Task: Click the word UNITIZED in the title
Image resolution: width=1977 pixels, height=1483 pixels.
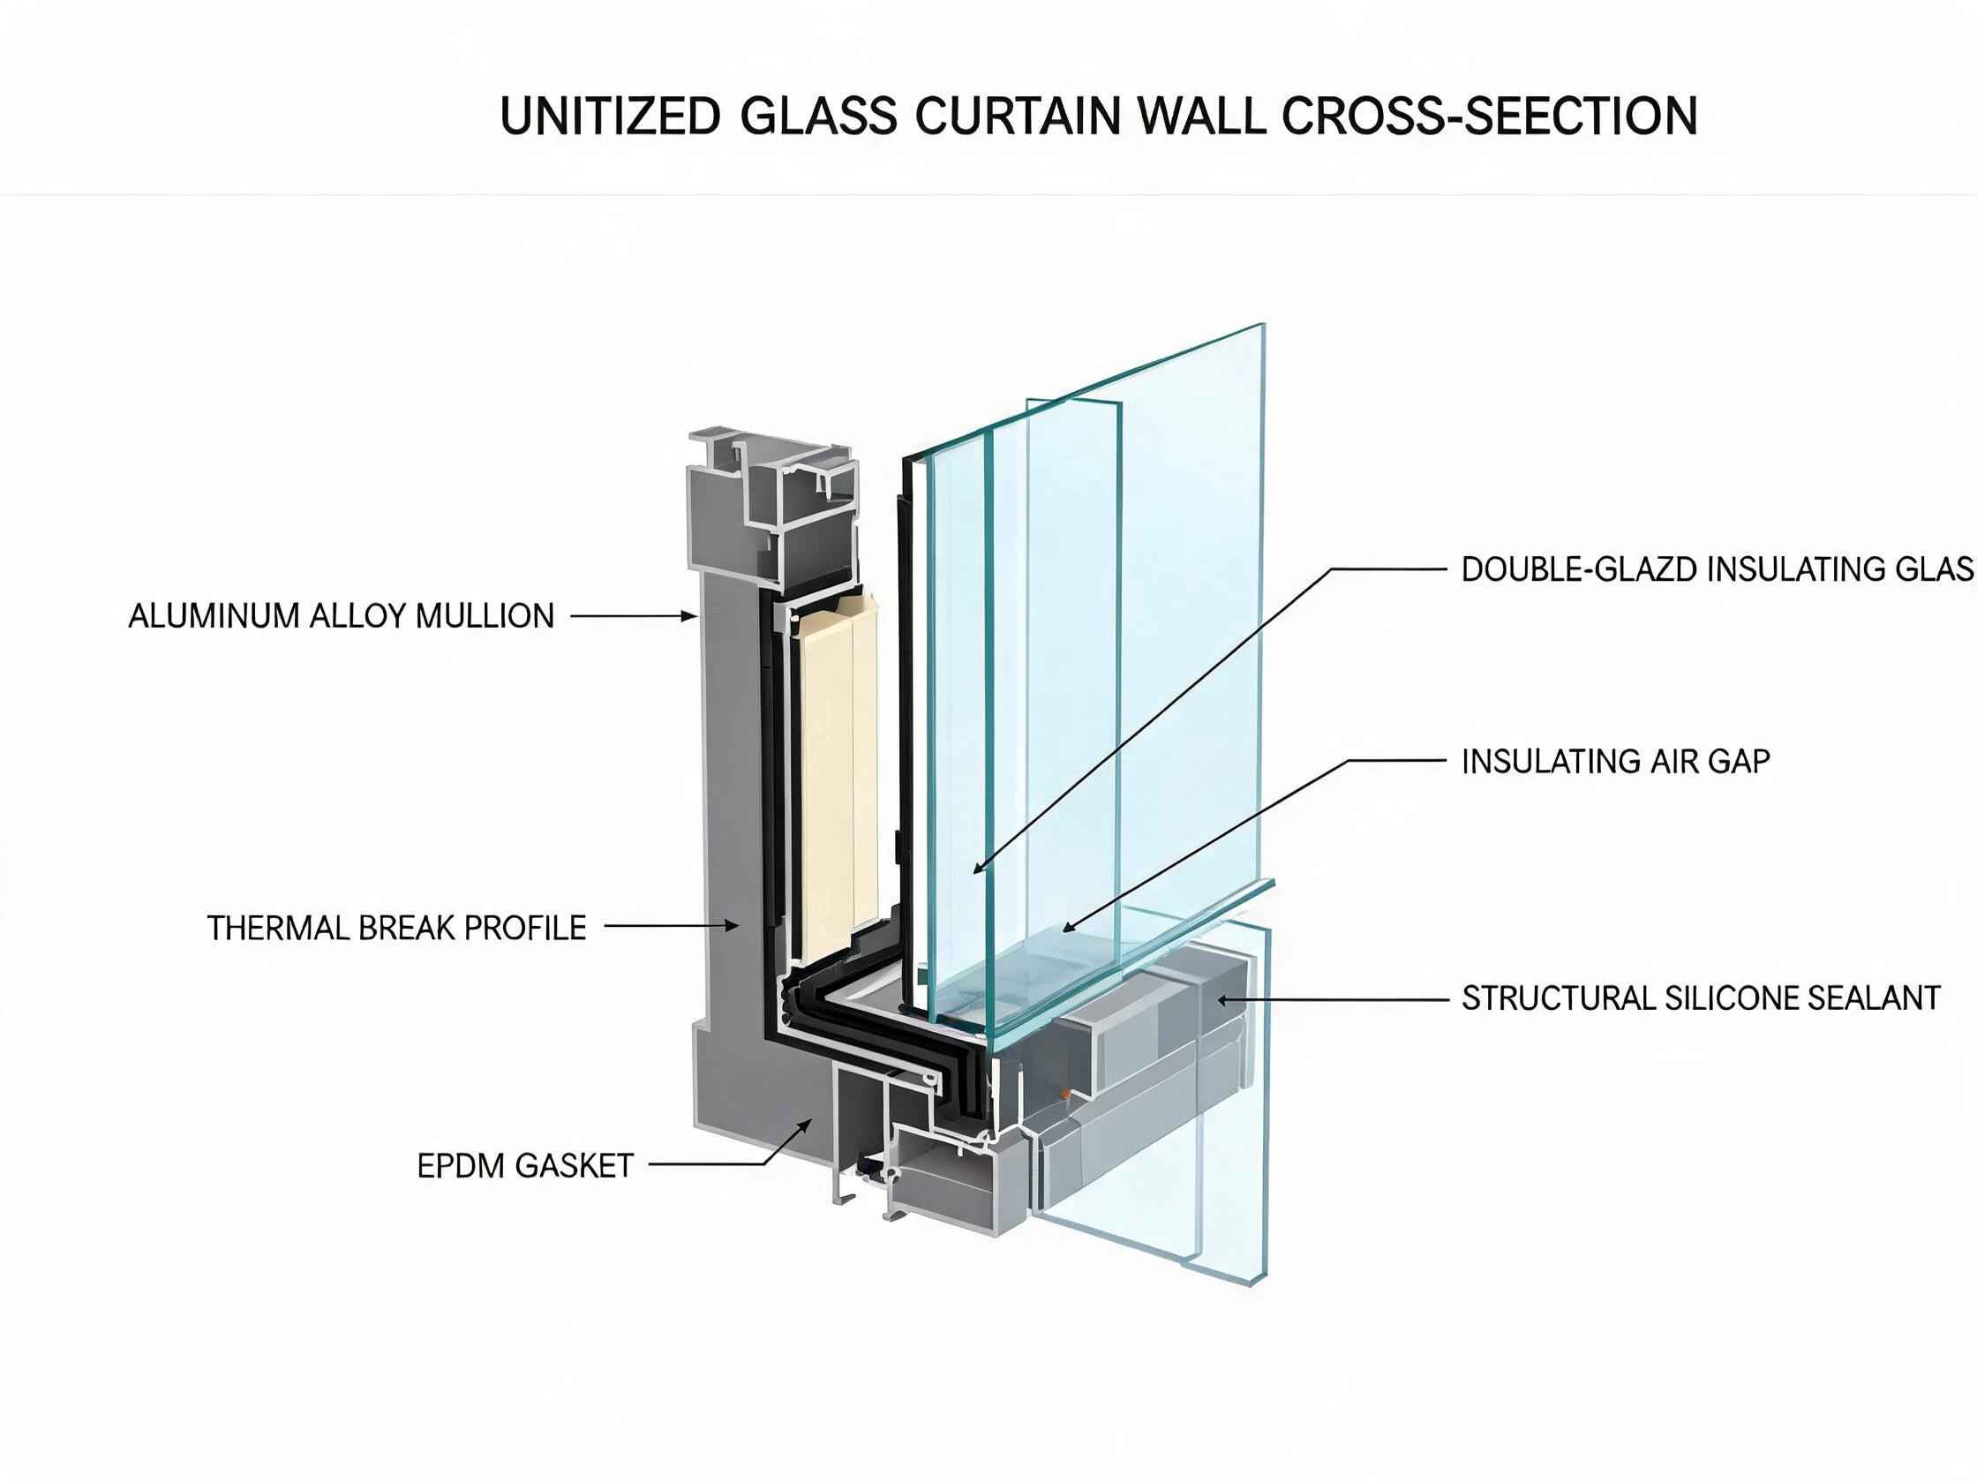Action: pyautogui.click(x=611, y=117)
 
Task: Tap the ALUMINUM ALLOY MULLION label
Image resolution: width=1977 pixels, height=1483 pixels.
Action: pyautogui.click(x=342, y=616)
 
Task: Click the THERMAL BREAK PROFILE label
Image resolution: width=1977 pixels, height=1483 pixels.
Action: pyautogui.click(x=397, y=928)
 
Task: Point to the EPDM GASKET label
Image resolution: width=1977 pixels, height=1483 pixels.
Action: pyautogui.click(x=525, y=1166)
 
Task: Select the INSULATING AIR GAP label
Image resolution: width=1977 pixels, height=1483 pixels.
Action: pyautogui.click(x=1616, y=762)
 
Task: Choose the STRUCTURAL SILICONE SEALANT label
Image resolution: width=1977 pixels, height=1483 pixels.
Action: pyautogui.click(x=1702, y=997)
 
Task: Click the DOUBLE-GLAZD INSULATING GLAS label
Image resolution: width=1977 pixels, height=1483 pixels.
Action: pyautogui.click(x=1718, y=569)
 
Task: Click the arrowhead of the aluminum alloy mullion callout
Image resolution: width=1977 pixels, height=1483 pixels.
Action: pyautogui.click(x=690, y=616)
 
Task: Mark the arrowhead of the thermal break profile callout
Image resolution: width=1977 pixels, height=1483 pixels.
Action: pyautogui.click(x=732, y=927)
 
